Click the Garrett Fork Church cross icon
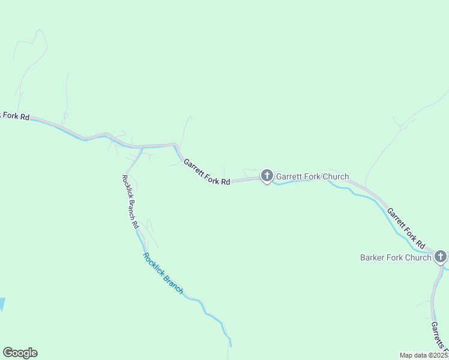click(267, 176)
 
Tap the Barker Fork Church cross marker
click(441, 256)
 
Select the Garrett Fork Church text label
click(312, 176)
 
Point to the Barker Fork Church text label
click(396, 257)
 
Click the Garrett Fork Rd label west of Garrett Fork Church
click(207, 172)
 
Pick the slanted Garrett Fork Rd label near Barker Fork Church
click(406, 229)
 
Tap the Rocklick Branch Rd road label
click(130, 200)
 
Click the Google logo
click(20, 353)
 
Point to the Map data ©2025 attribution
click(424, 355)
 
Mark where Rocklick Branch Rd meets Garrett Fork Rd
click(142, 148)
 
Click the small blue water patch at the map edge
click(2, 304)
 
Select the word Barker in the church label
click(372, 257)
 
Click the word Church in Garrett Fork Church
click(335, 176)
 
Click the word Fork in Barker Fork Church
click(396, 257)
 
